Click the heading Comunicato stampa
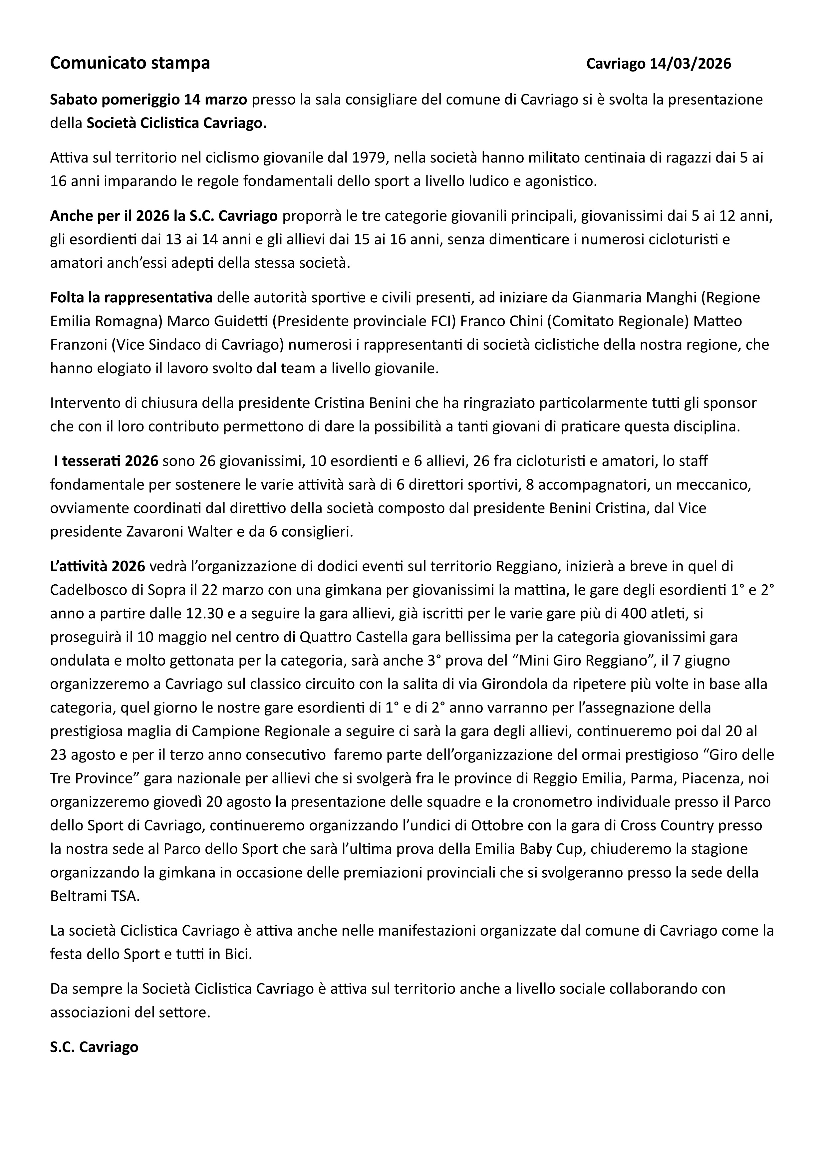tap(130, 63)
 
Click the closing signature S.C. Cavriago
tap(94, 1047)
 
